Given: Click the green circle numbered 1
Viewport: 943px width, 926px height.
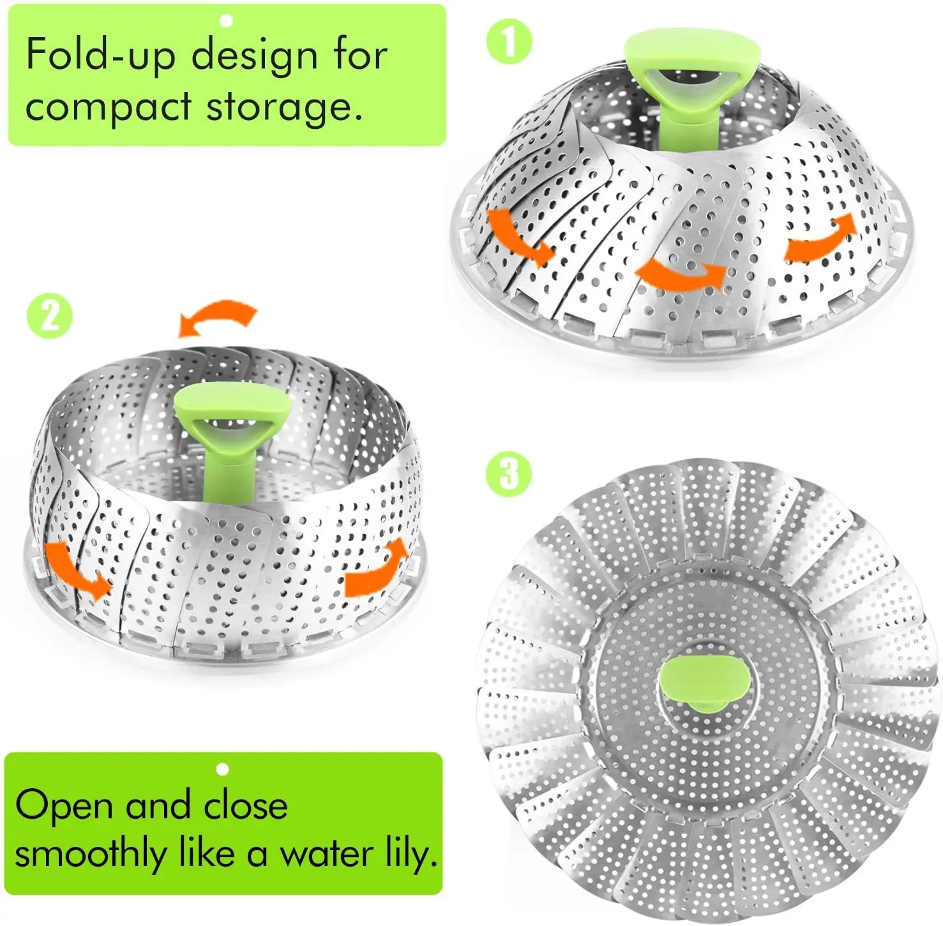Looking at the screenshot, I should tap(509, 42).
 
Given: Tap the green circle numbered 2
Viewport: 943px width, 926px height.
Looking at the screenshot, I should tap(50, 316).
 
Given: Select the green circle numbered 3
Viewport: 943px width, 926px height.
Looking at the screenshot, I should tap(508, 474).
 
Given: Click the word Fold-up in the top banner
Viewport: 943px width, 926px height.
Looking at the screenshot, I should tap(100, 56).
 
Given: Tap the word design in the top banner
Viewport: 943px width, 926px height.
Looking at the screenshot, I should tap(255, 56).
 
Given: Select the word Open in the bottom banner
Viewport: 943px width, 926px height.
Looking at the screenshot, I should tap(64, 806).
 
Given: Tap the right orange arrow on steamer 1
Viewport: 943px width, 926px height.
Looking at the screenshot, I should tap(819, 239).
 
